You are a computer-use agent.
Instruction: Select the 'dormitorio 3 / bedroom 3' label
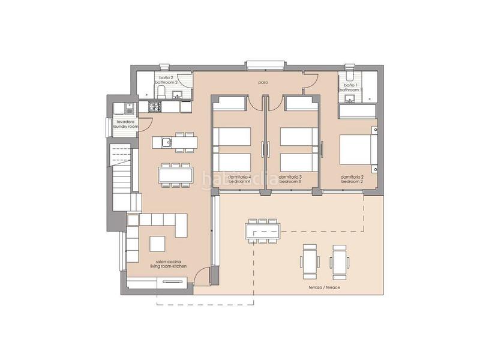pyautogui.click(x=290, y=179)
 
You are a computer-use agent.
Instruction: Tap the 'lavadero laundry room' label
pyautogui.click(x=124, y=125)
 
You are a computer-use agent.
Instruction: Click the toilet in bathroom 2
pyautogui.click(x=161, y=91)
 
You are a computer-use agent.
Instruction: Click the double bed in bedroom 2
pyautogui.click(x=358, y=150)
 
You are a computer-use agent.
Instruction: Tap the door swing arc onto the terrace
pyautogui.click(x=204, y=275)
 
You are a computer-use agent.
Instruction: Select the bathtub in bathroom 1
pyautogui.click(x=356, y=111)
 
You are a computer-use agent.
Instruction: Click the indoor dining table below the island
pyautogui.click(x=176, y=175)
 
